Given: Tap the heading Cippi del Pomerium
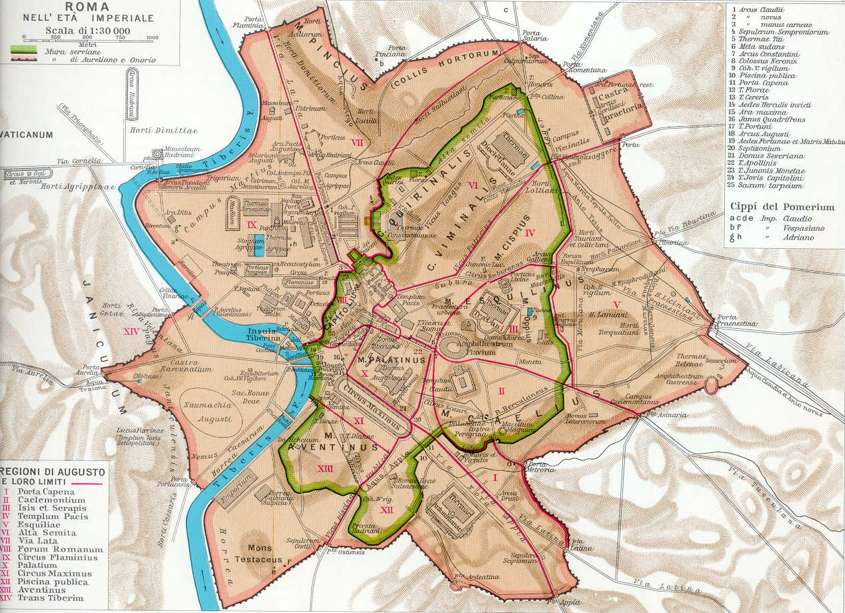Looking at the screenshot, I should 782,207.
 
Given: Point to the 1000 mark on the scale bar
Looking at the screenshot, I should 151,37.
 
